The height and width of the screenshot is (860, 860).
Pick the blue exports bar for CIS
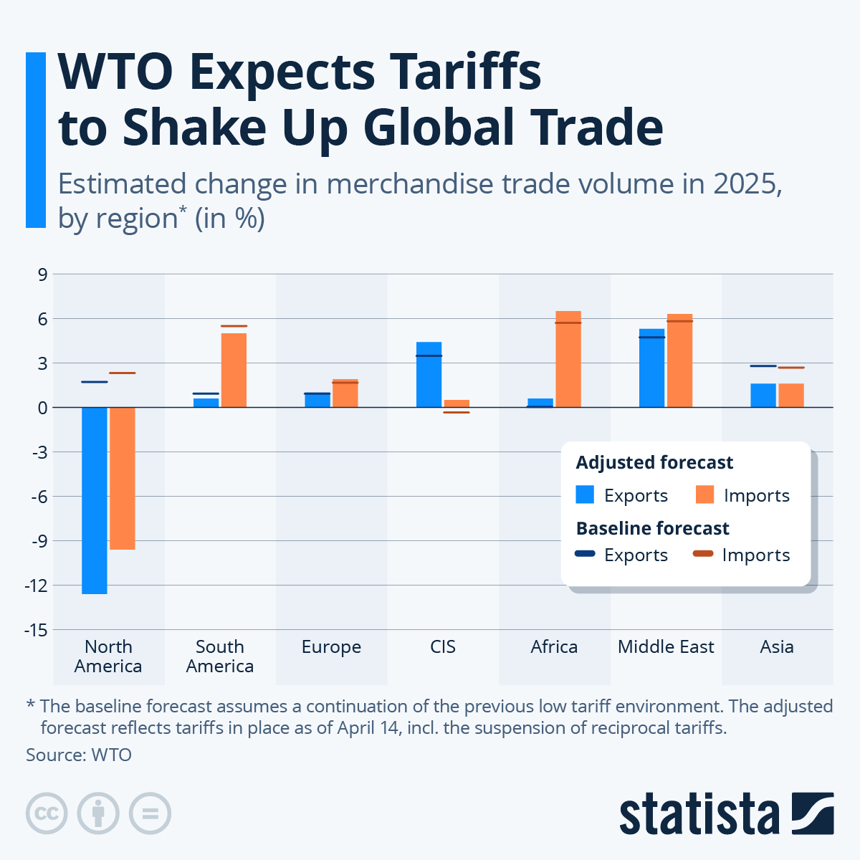click(429, 375)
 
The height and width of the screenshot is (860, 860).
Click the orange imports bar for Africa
click(568, 359)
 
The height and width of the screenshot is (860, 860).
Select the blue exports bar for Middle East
click(651, 368)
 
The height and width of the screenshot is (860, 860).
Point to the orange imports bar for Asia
click(791, 396)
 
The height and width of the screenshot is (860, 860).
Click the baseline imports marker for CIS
click(457, 413)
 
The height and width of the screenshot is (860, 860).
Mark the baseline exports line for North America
click(94, 382)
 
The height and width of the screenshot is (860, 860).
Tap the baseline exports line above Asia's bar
click(763, 366)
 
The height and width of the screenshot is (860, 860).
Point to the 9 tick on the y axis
click(42, 274)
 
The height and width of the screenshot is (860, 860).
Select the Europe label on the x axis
click(331, 647)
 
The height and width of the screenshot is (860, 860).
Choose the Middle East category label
click(666, 647)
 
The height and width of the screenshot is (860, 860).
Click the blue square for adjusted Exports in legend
click(586, 494)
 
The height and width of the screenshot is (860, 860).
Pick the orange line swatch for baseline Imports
click(703, 553)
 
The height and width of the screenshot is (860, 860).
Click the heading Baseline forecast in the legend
click(652, 528)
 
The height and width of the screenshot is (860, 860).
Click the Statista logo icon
click(813, 813)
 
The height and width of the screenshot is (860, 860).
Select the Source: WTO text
click(79, 755)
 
